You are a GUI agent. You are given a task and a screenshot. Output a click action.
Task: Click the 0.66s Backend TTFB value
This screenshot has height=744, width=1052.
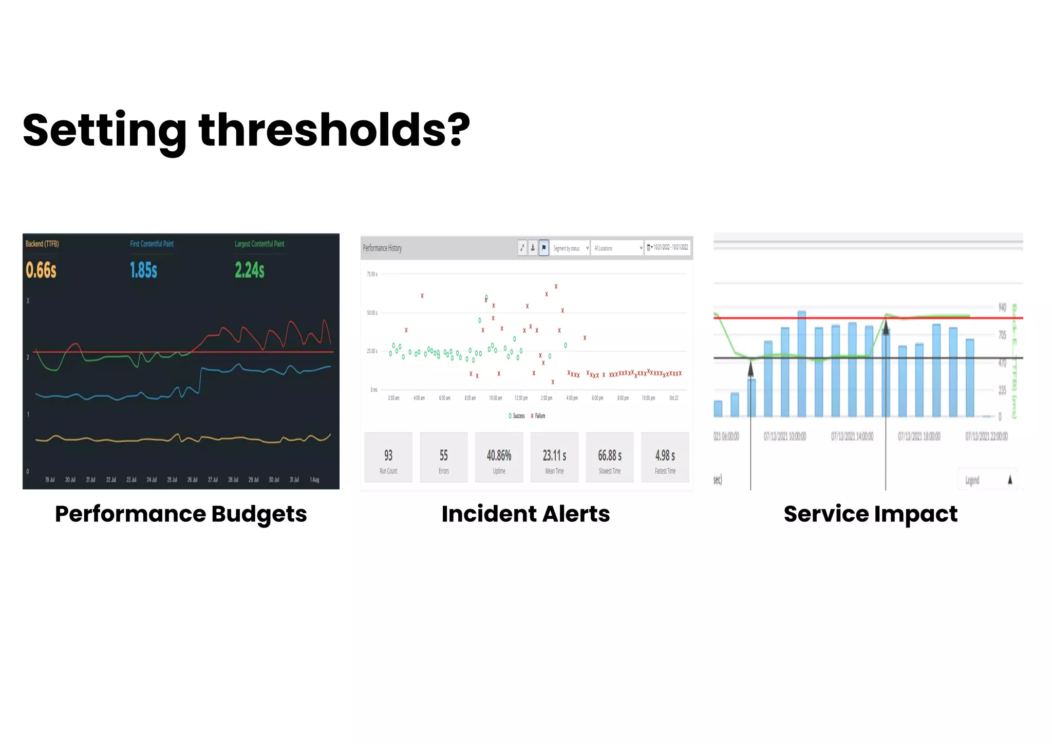pos(41,269)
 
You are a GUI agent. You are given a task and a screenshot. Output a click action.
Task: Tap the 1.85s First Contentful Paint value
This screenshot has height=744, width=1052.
pos(143,269)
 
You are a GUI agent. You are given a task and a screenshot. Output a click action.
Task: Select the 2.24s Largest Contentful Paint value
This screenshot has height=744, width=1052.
pos(250,269)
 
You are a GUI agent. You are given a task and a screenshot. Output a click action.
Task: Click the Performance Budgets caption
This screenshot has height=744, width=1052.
pos(181,514)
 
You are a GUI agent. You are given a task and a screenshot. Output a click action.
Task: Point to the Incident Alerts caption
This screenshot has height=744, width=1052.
pos(525,514)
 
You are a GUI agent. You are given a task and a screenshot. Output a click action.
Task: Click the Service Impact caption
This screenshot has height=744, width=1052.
pos(870,514)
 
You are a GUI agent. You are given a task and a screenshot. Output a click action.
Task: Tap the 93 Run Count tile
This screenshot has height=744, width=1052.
pos(388,457)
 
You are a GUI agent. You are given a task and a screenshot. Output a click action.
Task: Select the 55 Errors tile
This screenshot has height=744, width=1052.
pos(444,457)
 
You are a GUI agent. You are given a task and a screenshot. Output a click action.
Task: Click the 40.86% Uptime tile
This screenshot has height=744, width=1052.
pos(499,457)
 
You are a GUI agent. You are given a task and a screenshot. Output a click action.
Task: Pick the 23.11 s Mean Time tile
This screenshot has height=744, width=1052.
pos(554,457)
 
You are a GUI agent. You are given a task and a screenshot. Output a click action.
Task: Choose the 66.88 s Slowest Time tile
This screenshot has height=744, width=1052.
pos(610,457)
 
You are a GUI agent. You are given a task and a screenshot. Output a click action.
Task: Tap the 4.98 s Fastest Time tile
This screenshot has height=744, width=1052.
pos(665,457)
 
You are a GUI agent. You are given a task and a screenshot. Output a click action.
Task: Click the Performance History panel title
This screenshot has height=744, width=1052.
pos(382,248)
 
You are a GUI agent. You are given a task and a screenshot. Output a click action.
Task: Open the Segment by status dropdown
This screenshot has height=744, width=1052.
pos(571,248)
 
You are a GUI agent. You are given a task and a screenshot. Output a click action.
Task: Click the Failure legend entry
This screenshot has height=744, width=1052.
pos(538,415)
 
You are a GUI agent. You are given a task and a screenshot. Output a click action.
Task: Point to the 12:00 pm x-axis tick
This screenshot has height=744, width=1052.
pos(521,397)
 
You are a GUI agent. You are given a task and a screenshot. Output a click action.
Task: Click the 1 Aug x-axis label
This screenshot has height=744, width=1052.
pos(314,479)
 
